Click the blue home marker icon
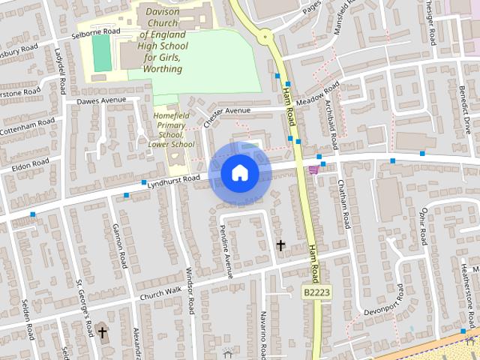pos(239,173)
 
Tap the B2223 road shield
pos(316,291)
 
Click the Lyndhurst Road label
pos(174,178)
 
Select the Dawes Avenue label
pos(102,100)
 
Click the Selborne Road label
pos(95,32)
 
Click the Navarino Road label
pos(263,333)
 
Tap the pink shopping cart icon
pos(313,169)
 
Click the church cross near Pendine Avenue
pos(281,245)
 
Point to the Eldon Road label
pos(30,164)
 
